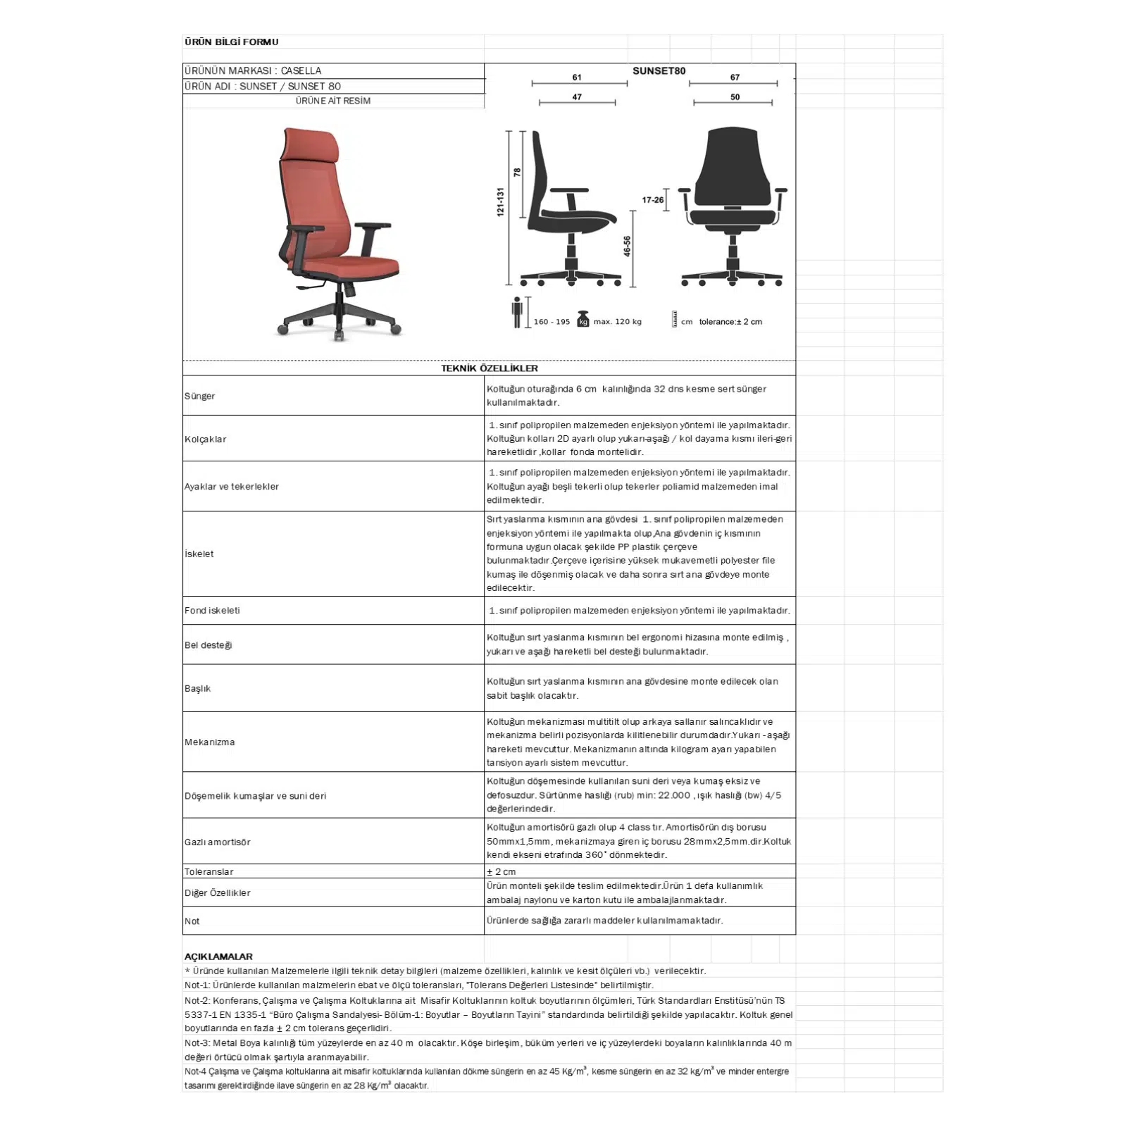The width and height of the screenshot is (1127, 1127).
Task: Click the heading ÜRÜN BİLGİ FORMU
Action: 231,42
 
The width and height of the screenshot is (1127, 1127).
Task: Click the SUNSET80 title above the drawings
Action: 659,70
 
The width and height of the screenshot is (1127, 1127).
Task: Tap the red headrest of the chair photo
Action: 311,146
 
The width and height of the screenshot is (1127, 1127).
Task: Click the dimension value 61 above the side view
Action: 577,77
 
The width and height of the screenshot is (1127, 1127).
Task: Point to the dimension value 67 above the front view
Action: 735,77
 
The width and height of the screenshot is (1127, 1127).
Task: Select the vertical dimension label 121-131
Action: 501,201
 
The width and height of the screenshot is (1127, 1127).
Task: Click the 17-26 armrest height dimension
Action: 652,200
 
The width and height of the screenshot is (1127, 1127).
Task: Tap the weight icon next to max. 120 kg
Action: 583,319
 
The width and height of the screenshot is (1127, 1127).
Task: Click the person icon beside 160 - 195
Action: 517,312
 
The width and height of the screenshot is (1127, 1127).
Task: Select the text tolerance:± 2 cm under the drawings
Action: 730,322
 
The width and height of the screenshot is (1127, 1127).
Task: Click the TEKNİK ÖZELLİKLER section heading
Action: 490,368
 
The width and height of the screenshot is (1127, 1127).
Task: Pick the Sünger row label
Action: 200,396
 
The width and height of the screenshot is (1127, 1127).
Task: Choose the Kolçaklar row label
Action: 206,440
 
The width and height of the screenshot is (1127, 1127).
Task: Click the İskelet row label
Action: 199,554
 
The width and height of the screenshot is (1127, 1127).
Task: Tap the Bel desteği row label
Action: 208,645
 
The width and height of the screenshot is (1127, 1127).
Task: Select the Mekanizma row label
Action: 210,742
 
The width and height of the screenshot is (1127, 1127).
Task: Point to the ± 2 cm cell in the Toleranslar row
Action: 502,872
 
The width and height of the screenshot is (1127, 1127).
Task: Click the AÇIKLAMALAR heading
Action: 218,957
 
